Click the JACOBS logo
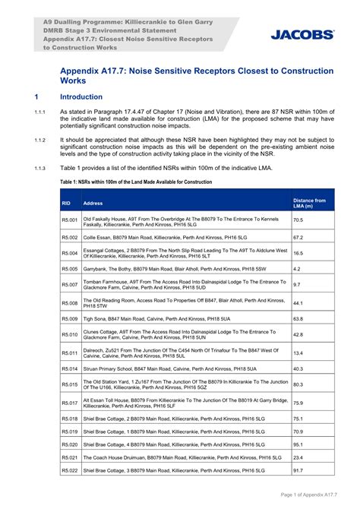click(x=303, y=34)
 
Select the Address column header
click(x=93, y=204)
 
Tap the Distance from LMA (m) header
click(x=310, y=203)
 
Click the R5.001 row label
click(x=69, y=220)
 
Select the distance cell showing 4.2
click(x=296, y=269)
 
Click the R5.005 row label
click(x=69, y=269)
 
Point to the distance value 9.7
click(x=296, y=285)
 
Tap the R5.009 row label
click(x=69, y=318)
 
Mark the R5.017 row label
click(x=69, y=403)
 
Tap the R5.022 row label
click(x=69, y=470)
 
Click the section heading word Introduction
click(x=81, y=97)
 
